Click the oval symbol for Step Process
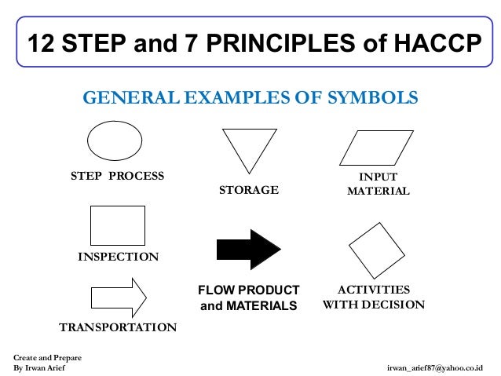coord(115,141)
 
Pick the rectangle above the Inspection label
coord(118,225)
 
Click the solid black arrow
coord(248,250)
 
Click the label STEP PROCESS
coord(118,176)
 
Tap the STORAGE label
coord(248,190)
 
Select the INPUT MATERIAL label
coord(378,184)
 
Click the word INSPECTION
coord(118,257)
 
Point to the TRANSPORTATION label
coord(118,327)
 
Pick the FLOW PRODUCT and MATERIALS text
coord(248,298)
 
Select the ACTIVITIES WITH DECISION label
coord(374,297)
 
